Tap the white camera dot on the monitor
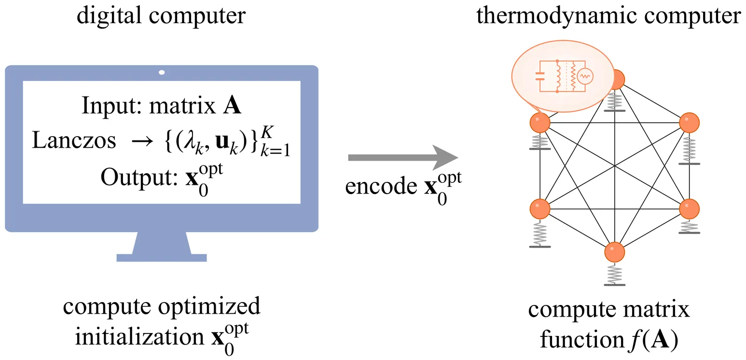tap(162, 72)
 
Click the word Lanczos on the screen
tap(74, 141)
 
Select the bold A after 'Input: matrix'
tap(234, 106)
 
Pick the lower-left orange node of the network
tap(539, 208)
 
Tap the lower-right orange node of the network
tap(689, 208)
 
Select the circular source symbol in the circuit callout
tap(585, 76)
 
